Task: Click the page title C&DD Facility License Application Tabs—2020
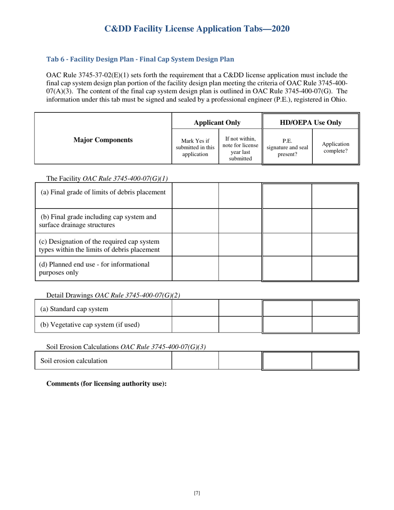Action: click(197, 29)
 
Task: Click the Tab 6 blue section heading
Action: click(141, 59)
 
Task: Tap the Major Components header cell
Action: click(103, 140)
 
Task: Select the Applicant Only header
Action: click(217, 122)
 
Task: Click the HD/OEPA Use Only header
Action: click(311, 122)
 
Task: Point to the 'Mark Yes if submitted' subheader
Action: click(195, 147)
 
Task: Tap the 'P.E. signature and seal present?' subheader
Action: click(287, 147)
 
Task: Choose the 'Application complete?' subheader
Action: click(335, 148)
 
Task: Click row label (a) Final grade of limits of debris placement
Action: click(103, 192)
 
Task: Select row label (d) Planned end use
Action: click(94, 268)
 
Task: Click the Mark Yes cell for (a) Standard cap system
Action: click(195, 308)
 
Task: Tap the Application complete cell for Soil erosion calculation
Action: click(335, 361)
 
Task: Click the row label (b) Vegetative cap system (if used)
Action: click(90, 324)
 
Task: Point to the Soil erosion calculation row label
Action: click(74, 361)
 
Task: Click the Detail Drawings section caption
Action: click(113, 296)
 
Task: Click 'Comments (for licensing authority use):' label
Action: click(106, 384)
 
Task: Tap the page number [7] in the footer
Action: click(197, 493)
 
